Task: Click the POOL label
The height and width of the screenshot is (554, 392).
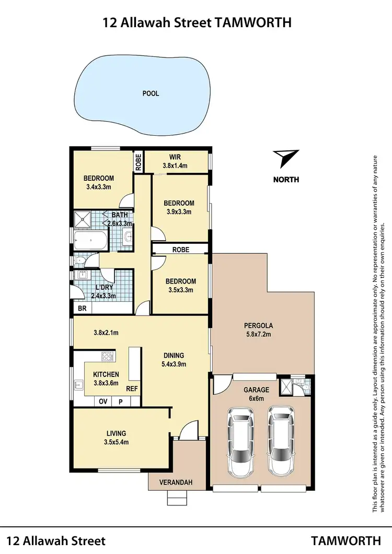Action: point(151,94)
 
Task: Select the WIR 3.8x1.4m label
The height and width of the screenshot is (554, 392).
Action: point(175,161)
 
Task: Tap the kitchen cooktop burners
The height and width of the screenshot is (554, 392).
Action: point(108,357)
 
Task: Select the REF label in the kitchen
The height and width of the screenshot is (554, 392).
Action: point(132,389)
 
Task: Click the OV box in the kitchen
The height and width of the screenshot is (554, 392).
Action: point(103,402)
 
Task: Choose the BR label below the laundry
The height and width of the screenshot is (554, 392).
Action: point(82,309)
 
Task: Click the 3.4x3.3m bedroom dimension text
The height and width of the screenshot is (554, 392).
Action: point(99,186)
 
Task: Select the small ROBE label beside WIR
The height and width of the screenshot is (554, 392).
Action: point(139,161)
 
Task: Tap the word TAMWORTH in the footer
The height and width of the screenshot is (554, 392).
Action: point(346,541)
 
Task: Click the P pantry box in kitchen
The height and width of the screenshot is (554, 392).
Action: point(120,402)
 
